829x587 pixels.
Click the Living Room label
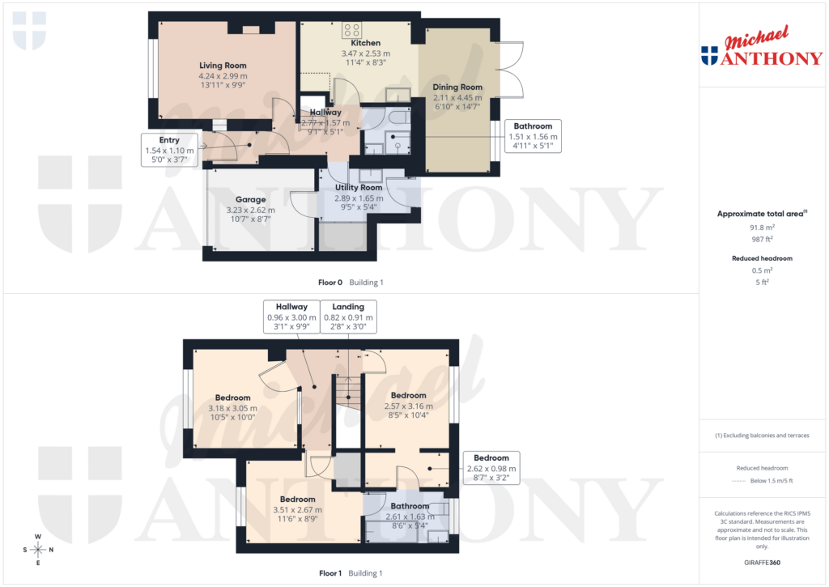pyautogui.click(x=223, y=66)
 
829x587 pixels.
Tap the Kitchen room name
pyautogui.click(x=365, y=43)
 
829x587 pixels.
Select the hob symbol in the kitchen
pyautogui.click(x=352, y=31)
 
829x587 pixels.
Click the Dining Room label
pyautogui.click(x=457, y=87)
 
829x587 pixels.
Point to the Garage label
pyautogui.click(x=250, y=199)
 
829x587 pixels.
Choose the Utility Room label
pyautogui.click(x=359, y=188)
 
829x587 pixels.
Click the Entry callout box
pyautogui.click(x=169, y=150)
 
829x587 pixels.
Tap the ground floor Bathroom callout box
pyautogui.click(x=533, y=137)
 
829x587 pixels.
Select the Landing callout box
pyautogui.click(x=348, y=317)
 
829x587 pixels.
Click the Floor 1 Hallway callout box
pyautogui.click(x=291, y=317)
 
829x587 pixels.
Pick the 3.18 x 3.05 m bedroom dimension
pyautogui.click(x=232, y=408)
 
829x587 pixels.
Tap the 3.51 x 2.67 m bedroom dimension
pyautogui.click(x=297, y=510)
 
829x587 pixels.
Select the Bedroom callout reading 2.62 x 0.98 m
pyautogui.click(x=491, y=468)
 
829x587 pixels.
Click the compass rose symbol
pyautogui.click(x=37, y=551)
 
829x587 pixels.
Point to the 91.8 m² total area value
pyautogui.click(x=760, y=228)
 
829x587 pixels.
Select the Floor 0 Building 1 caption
pyautogui.click(x=350, y=283)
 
